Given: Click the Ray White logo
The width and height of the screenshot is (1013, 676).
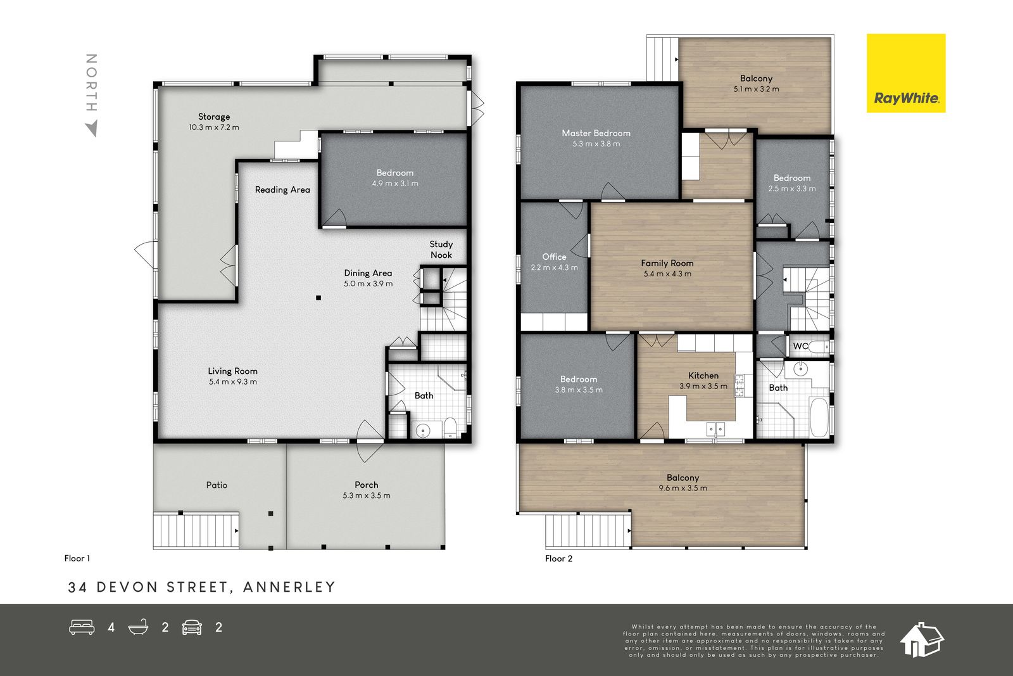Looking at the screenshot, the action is pyautogui.click(x=906, y=73).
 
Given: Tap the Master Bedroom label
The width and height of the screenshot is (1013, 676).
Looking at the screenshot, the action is pyautogui.click(x=596, y=133).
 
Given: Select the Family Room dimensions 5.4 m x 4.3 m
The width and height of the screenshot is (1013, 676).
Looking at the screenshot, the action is pyautogui.click(x=667, y=274).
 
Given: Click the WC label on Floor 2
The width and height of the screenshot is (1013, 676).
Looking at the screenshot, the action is pyautogui.click(x=800, y=346).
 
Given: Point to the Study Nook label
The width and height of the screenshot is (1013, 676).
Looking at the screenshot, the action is pyautogui.click(x=441, y=250).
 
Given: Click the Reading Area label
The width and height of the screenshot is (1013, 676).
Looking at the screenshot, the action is pyautogui.click(x=282, y=189).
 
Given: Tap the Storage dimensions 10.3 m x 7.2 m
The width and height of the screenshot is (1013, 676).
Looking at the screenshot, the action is pyautogui.click(x=214, y=127).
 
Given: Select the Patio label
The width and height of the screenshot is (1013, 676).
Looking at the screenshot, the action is pyautogui.click(x=217, y=485).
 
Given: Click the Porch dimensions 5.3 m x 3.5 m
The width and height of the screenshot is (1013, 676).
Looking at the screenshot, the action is pyautogui.click(x=367, y=495).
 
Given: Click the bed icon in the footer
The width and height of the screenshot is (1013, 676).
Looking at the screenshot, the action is pyautogui.click(x=82, y=627).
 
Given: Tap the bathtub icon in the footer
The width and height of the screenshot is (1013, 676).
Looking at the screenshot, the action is pyautogui.click(x=139, y=627).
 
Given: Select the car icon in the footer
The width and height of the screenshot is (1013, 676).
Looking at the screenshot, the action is pyautogui.click(x=192, y=628).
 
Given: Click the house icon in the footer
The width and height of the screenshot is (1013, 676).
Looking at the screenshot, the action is pyautogui.click(x=922, y=639).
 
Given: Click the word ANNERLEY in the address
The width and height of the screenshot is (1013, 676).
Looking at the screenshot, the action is pyautogui.click(x=289, y=587).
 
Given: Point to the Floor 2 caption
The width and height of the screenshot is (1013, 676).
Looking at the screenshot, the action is pyautogui.click(x=558, y=558).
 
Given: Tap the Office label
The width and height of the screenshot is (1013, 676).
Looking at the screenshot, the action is pyautogui.click(x=554, y=257).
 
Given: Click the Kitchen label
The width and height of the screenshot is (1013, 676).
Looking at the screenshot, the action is pyautogui.click(x=703, y=376).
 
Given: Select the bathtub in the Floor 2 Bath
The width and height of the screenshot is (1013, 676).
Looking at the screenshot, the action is pyautogui.click(x=819, y=417).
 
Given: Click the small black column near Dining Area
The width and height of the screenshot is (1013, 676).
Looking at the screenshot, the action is pyautogui.click(x=318, y=298).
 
